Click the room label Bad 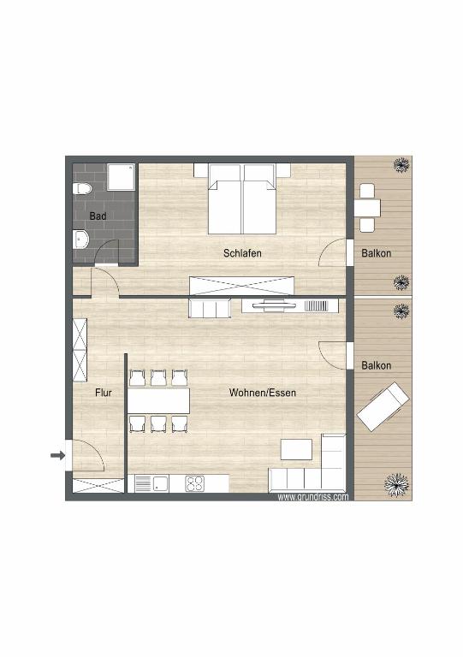[98, 216]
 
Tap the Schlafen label [242, 253]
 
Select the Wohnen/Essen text [262, 393]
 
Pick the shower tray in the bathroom [120, 180]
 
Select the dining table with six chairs [158, 400]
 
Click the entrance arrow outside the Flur [57, 456]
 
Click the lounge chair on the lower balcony [383, 406]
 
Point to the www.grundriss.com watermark [312, 496]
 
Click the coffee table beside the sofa [297, 449]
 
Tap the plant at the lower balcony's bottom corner [396, 485]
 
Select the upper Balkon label [377, 253]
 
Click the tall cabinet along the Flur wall [80, 351]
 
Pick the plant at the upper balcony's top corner [400, 165]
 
